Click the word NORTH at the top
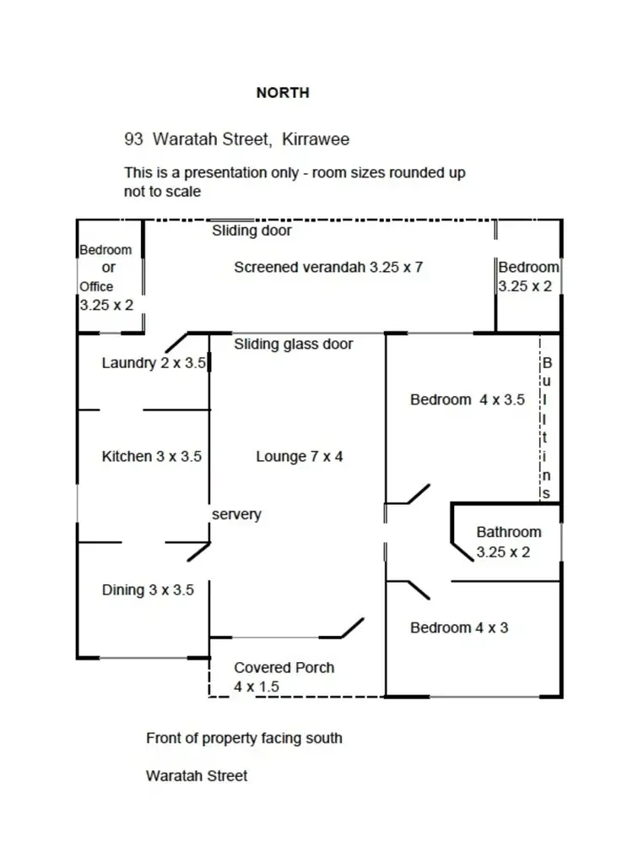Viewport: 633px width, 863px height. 283,93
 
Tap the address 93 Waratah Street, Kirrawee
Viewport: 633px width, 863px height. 236,139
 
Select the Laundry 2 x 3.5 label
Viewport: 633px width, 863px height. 154,364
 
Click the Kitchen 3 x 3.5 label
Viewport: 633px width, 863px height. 152,457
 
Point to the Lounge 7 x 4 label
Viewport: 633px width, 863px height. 300,457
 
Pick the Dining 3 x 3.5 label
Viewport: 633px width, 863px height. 148,590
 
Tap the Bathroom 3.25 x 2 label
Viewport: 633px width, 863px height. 509,542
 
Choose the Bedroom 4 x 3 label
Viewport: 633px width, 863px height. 459,628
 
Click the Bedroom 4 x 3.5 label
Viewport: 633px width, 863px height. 468,400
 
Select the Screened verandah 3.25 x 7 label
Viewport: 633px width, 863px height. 328,268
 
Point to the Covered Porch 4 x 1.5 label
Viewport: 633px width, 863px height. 284,677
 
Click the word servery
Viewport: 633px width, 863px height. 236,514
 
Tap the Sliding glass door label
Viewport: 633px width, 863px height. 294,344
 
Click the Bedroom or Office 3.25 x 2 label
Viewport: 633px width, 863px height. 106,277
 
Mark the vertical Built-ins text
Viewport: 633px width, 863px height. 546,428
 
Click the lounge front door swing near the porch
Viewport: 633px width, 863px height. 351,627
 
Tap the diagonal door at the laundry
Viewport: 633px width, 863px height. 176,341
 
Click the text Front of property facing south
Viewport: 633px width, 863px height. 244,738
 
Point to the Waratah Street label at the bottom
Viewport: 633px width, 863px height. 197,775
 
